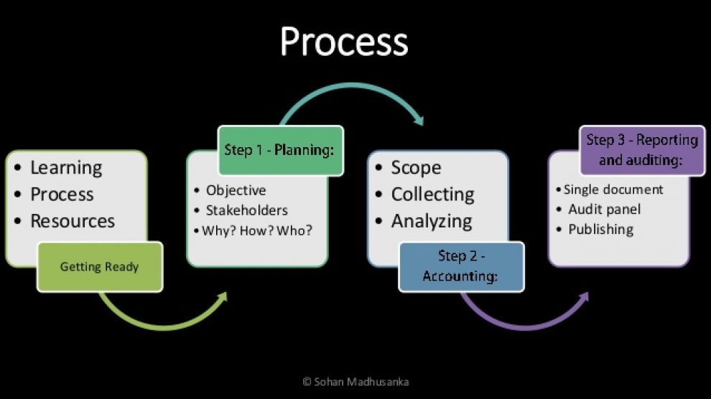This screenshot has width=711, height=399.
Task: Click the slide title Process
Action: point(344,42)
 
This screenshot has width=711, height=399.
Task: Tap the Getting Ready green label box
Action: point(100,267)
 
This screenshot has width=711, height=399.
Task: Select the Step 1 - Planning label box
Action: point(281,151)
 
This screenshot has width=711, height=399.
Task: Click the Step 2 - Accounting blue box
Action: point(461,267)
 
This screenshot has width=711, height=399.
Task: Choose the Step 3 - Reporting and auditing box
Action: point(642,151)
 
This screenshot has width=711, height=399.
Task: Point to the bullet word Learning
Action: point(66,168)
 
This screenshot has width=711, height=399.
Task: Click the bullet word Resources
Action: point(73,221)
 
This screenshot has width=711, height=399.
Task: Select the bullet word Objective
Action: point(236,190)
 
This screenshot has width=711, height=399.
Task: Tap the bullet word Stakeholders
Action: point(246,210)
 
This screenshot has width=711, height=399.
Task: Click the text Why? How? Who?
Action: point(257,230)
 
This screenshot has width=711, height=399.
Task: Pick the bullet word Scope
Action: point(416,168)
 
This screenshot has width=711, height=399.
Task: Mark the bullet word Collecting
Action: point(432,194)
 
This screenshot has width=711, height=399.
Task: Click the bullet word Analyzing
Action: point(432,222)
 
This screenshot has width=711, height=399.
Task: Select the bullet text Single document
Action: point(613,189)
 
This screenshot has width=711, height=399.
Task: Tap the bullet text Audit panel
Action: point(605,210)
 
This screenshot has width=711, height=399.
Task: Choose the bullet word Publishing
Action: point(601,230)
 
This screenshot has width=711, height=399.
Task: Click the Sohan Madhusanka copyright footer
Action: point(356,382)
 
